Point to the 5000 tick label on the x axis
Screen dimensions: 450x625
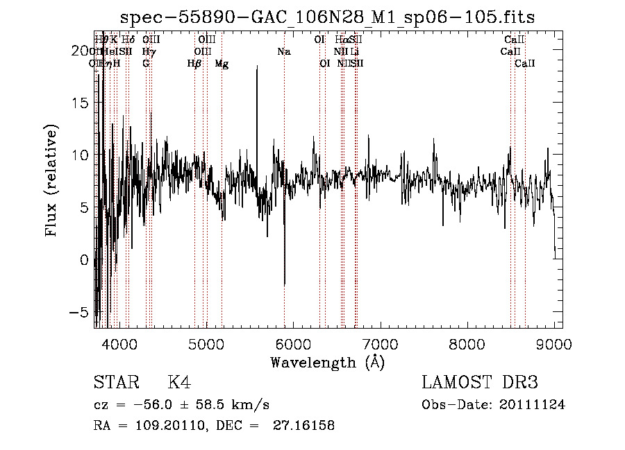[x=206, y=344]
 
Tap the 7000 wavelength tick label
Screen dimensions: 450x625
[x=380, y=344]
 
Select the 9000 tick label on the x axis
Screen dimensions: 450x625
[x=554, y=344]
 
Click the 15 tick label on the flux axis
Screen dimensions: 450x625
[x=81, y=103]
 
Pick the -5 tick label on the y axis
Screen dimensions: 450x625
[x=81, y=312]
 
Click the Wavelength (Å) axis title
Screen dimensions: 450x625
[x=327, y=362]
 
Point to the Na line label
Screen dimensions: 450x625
[x=284, y=51]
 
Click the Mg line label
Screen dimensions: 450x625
[x=222, y=63]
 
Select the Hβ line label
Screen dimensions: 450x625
[x=194, y=63]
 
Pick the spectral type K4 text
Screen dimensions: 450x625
[x=179, y=383]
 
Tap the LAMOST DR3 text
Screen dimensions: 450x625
[x=480, y=383]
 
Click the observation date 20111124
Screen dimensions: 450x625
[x=535, y=405]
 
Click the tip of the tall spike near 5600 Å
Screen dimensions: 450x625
[x=257, y=66]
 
